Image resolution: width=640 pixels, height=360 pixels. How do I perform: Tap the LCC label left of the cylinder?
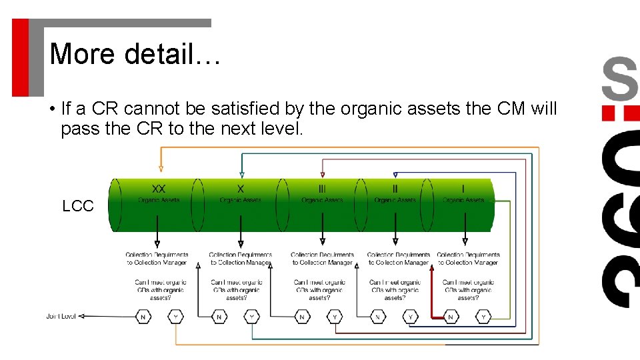click(78, 206)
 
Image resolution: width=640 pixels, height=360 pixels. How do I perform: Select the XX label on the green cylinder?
click(159, 189)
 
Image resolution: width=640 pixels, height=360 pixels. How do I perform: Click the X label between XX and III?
click(241, 189)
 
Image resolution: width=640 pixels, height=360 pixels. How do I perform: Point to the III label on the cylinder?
click(323, 189)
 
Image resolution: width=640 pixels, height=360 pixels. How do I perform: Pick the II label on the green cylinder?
click(395, 189)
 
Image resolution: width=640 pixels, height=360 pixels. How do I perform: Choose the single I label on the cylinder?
click(463, 189)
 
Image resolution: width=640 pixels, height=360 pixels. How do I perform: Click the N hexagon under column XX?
click(143, 317)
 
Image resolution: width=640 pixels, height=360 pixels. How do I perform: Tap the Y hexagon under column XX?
click(176, 317)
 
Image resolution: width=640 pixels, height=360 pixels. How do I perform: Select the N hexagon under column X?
click(219, 317)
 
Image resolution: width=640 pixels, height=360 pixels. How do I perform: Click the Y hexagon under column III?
click(335, 317)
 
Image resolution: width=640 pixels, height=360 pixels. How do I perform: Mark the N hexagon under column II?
click(378, 317)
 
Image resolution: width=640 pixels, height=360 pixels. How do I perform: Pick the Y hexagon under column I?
click(484, 317)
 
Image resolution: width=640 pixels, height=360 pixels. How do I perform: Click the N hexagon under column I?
click(451, 317)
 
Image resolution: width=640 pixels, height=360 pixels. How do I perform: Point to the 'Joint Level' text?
click(61, 316)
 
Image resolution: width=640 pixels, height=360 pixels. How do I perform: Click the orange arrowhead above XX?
click(160, 169)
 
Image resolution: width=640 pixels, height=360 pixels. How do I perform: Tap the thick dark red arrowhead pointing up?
click(432, 268)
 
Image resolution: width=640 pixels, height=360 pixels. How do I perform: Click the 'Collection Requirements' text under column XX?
click(157, 254)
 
